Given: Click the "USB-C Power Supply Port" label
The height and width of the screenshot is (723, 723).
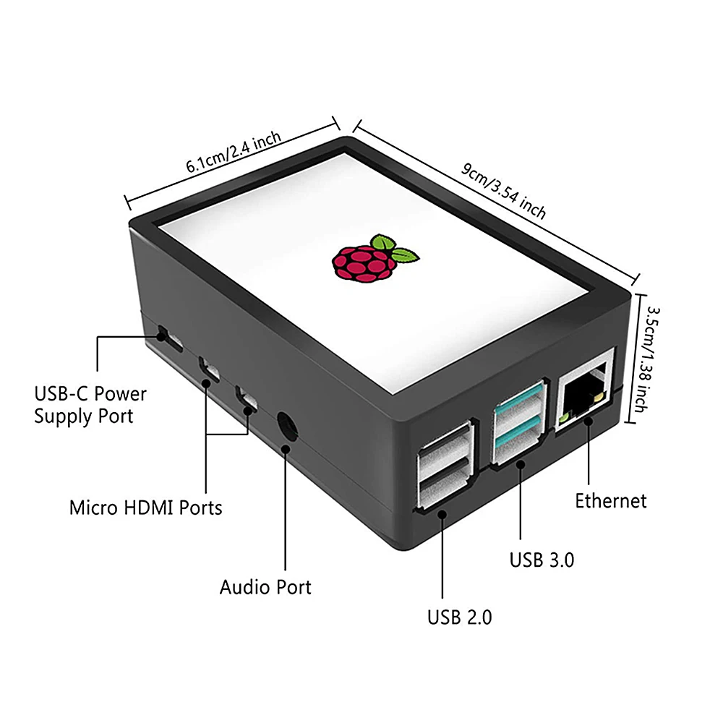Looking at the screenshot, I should (x=90, y=405).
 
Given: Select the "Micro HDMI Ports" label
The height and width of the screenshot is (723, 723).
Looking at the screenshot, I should (x=145, y=508).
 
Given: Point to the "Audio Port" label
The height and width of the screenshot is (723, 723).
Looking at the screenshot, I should (x=265, y=586).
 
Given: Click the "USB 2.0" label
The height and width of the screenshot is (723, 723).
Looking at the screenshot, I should (x=459, y=617).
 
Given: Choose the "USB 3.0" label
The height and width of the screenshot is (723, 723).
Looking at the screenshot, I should (x=542, y=559).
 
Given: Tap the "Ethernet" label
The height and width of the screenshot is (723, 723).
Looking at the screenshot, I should (x=610, y=500).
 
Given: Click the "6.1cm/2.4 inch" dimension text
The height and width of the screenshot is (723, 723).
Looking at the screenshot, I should (x=234, y=153).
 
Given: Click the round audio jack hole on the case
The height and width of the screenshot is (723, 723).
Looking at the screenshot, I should (x=288, y=426).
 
